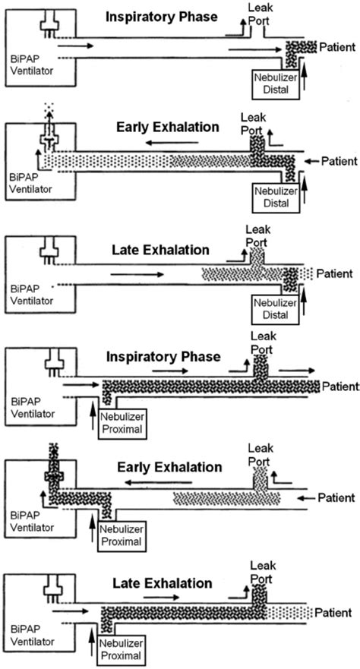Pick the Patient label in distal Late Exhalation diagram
click(x=334, y=273)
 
